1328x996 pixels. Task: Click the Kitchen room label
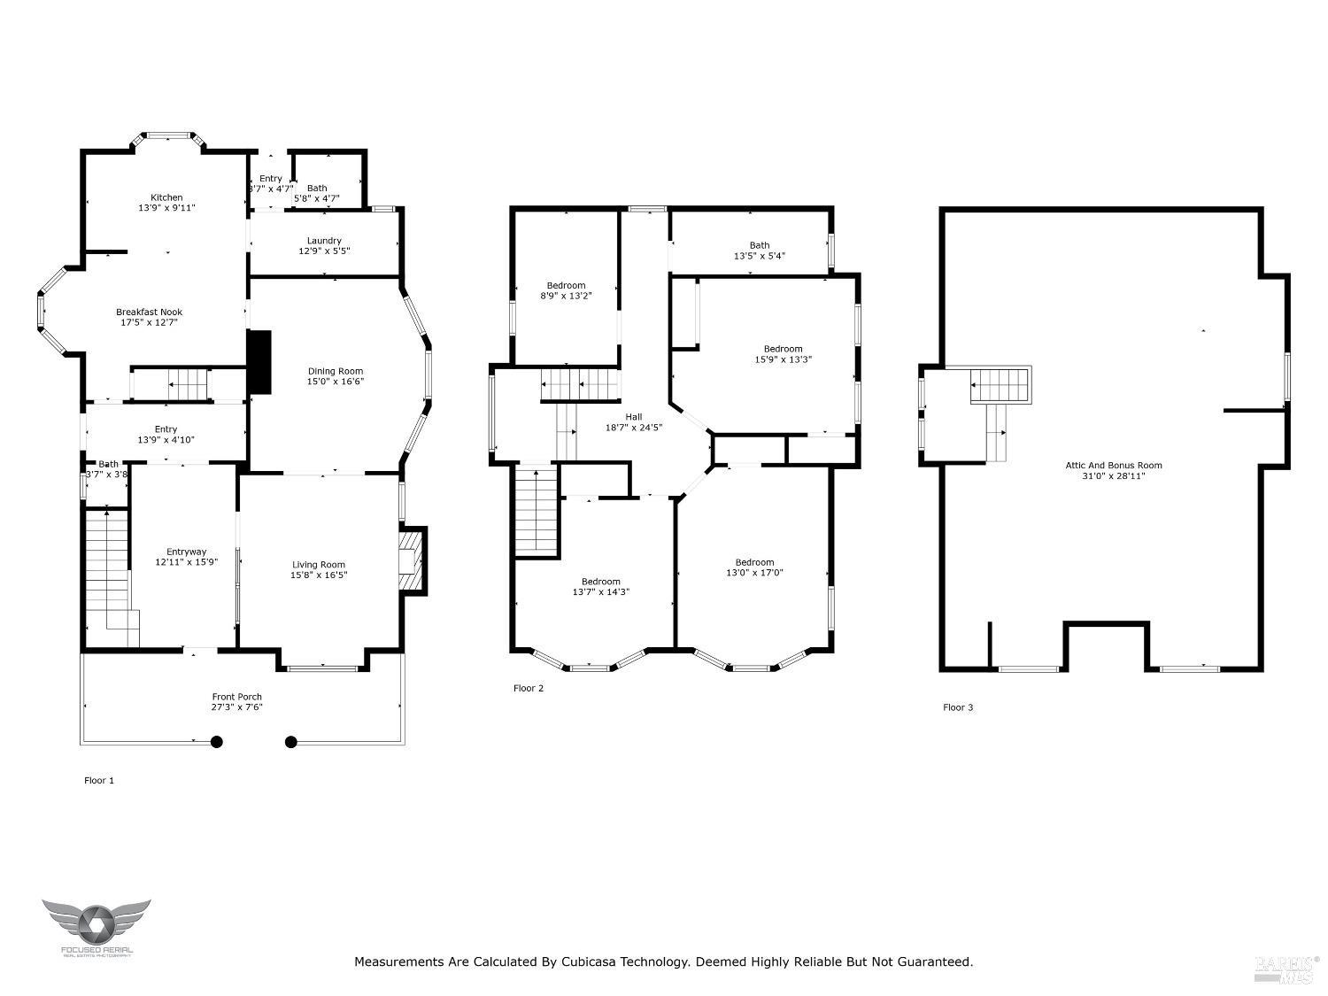tap(166, 197)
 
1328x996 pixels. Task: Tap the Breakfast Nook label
tap(149, 313)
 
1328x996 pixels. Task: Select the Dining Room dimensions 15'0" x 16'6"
tap(336, 382)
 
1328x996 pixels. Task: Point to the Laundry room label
tap(324, 241)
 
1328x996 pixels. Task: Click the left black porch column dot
tap(216, 743)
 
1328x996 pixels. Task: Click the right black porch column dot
tap(291, 743)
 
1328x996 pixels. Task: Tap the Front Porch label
tap(236, 697)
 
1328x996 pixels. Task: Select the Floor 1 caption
tap(99, 780)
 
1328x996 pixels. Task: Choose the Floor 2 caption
tap(529, 688)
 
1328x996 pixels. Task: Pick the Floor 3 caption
tap(958, 707)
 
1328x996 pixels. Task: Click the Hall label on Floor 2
tap(634, 416)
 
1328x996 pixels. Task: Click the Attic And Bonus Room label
tap(1113, 465)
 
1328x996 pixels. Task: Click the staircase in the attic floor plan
tap(1001, 387)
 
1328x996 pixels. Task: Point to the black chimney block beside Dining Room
tap(259, 361)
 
